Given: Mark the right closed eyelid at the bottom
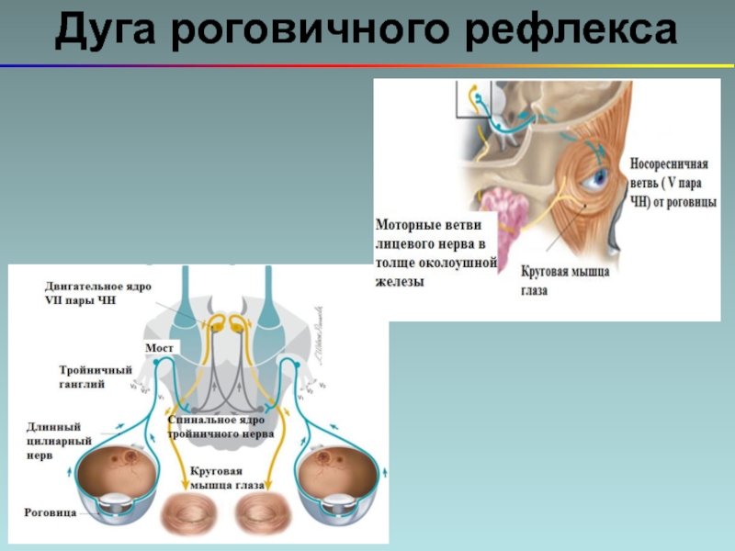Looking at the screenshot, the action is [x=262, y=513].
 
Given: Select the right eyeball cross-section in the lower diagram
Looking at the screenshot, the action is [x=336, y=478].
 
